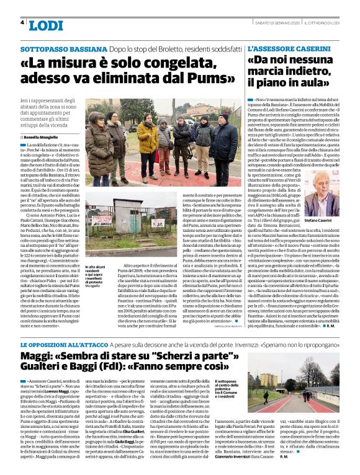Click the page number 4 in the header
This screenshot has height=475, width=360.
[x=23, y=23]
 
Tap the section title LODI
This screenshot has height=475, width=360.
[x=46, y=25]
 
